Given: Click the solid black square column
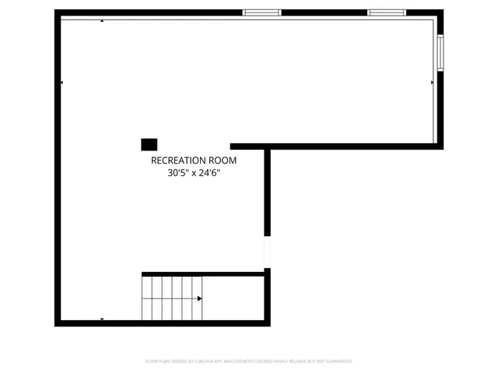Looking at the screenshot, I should click(149, 144).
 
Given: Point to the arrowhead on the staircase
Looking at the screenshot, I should click(200, 298).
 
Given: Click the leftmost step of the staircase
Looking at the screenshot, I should click(147, 298).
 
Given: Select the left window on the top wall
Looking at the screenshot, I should click(261, 12).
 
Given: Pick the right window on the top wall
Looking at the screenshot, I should click(387, 12).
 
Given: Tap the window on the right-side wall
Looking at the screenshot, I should click(440, 54).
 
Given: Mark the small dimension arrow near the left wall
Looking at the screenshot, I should click(62, 83).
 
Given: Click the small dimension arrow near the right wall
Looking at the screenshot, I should click(432, 82).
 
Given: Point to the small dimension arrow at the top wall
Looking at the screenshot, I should click(102, 20).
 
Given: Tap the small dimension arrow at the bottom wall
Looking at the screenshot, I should click(102, 319).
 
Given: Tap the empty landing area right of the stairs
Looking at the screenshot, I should click(233, 298).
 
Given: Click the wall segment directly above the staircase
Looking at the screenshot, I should click(202, 273).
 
